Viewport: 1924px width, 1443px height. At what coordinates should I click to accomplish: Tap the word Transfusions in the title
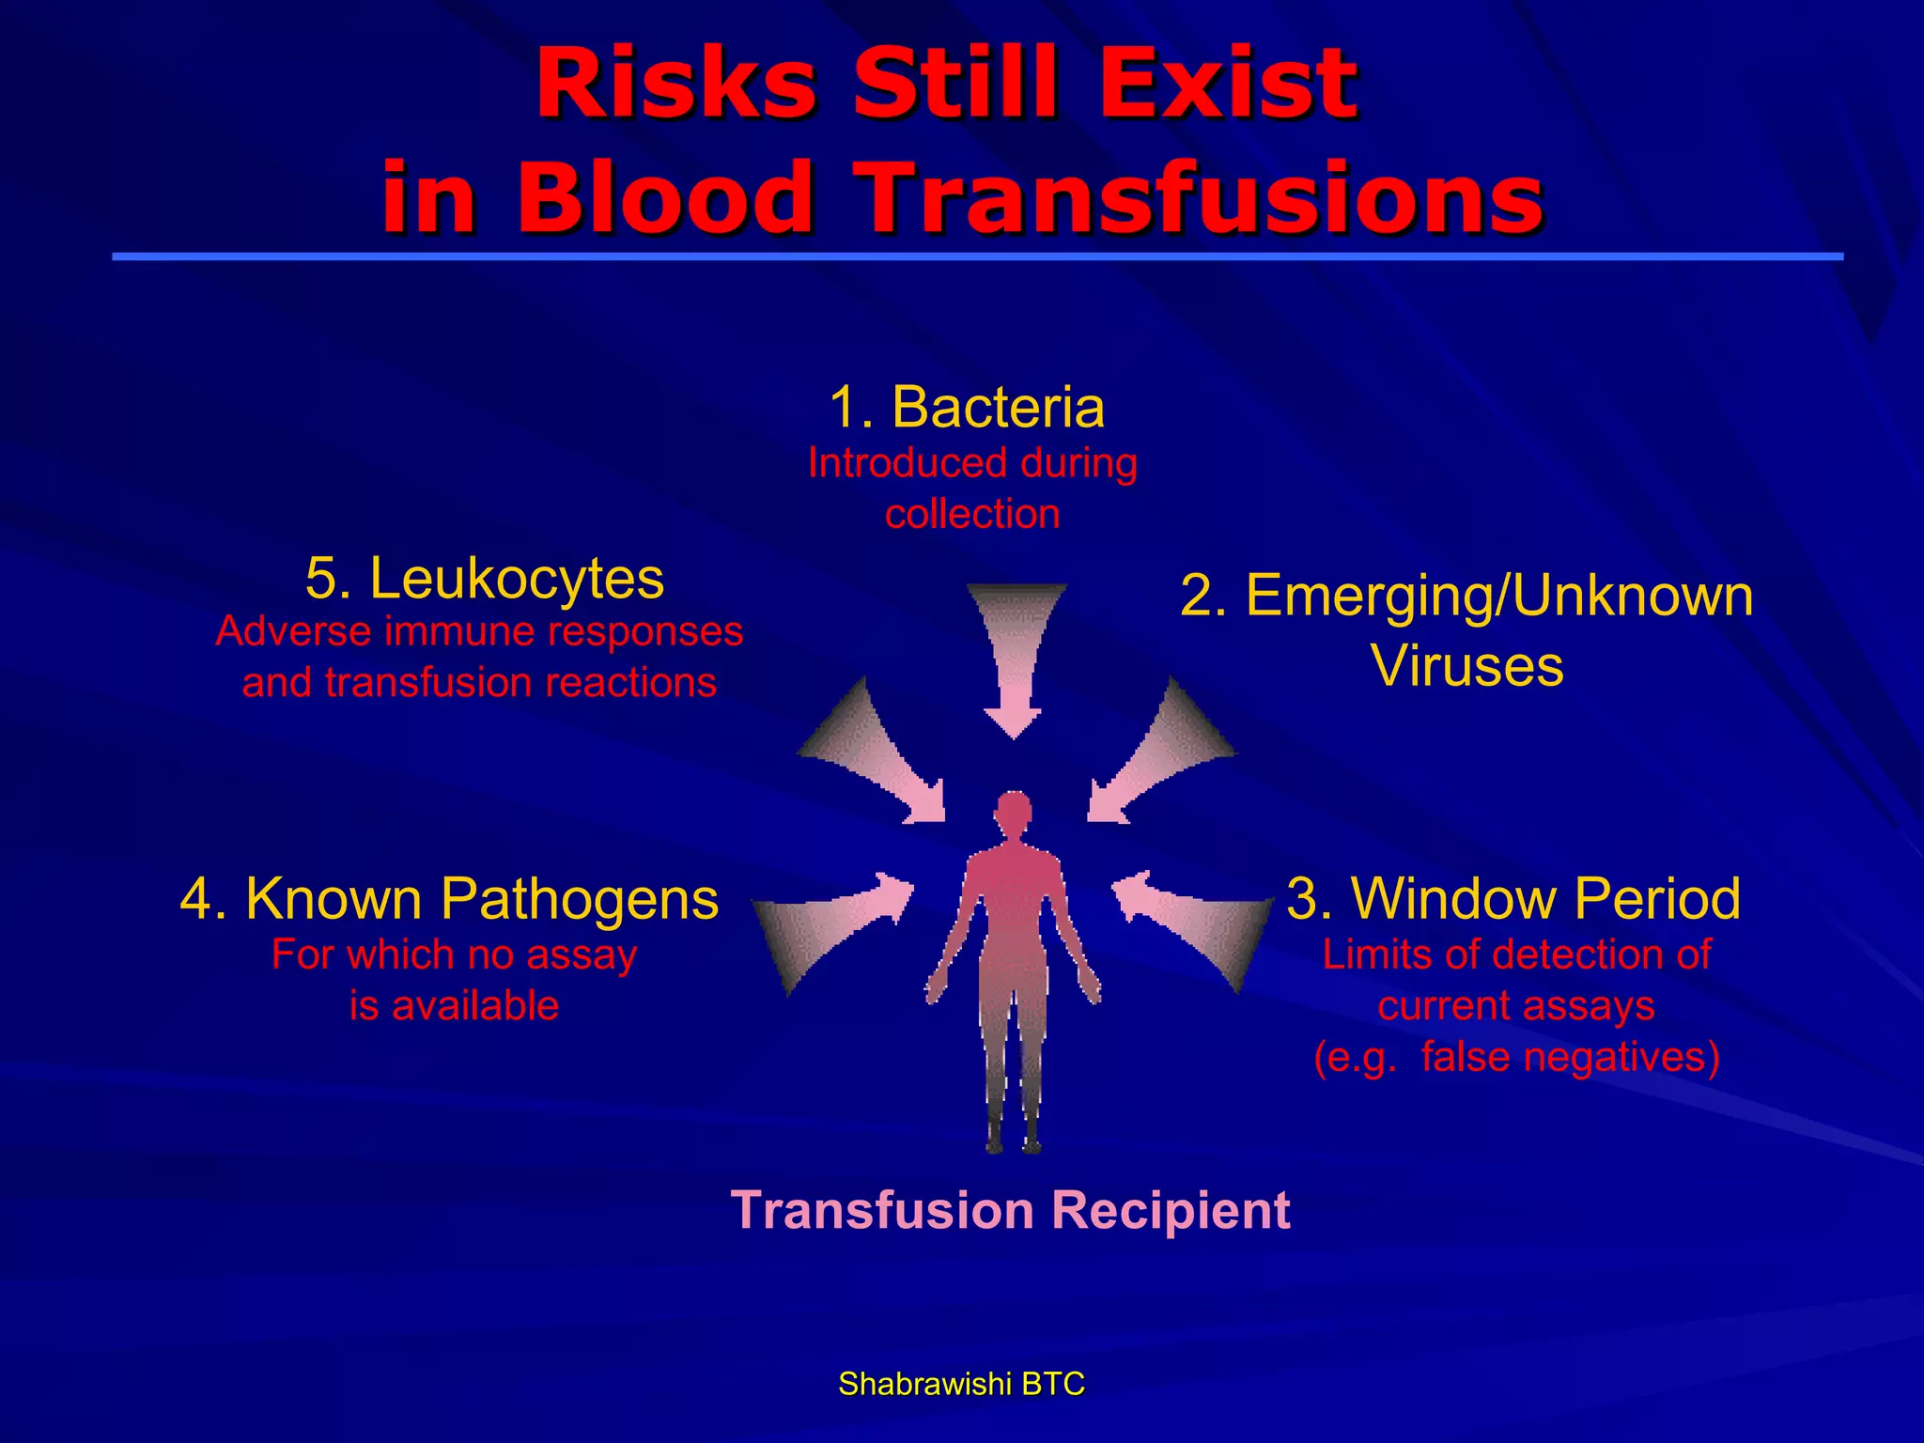click(x=1202, y=198)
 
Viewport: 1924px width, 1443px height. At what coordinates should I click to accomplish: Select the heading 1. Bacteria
click(x=967, y=408)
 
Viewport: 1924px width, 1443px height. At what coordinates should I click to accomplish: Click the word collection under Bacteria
click(x=972, y=514)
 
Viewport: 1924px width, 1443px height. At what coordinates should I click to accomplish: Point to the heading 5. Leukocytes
click(x=485, y=578)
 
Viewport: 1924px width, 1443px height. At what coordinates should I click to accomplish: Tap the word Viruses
click(x=1466, y=665)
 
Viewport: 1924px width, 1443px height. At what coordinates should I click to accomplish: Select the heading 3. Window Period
click(x=1513, y=898)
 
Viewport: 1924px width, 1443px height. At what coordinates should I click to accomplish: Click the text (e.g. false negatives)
click(x=1516, y=1057)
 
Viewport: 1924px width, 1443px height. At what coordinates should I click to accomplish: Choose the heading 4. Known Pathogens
click(x=449, y=898)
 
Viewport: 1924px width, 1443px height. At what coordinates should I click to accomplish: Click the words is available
click(x=454, y=1006)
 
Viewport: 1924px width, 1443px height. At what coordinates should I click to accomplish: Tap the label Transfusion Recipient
click(x=1010, y=1210)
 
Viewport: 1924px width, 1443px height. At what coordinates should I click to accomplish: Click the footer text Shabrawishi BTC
click(x=961, y=1384)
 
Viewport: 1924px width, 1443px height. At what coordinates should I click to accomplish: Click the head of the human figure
click(x=1014, y=812)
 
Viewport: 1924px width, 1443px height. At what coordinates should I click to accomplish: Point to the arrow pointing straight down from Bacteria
click(x=1015, y=658)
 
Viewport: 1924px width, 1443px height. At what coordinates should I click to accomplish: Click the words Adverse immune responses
click(x=479, y=631)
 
